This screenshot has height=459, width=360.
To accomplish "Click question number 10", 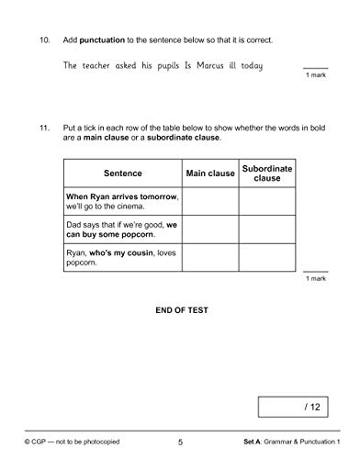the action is coord(42,41).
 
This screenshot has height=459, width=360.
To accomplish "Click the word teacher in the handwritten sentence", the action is coord(104,66).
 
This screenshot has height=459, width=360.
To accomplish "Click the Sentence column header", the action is coord(123,173).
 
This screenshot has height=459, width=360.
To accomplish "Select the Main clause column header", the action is coord(211,173).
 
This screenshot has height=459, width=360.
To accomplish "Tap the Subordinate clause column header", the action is coord(267,173).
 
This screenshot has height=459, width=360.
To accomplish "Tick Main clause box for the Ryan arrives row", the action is coord(211,201).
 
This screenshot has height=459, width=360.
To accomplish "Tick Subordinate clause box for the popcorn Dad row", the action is coord(267,229).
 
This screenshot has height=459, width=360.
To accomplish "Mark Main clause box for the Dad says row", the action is coord(211,229).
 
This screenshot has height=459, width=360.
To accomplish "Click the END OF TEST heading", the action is coord(180,310).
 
